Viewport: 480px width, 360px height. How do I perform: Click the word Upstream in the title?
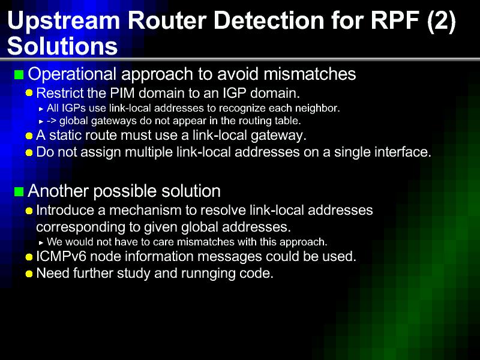point(64,21)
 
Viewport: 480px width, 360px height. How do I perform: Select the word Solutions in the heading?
point(62,46)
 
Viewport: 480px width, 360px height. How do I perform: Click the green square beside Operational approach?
point(19,74)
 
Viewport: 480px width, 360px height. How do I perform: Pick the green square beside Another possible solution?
point(19,191)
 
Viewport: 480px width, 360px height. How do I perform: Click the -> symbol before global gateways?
point(52,121)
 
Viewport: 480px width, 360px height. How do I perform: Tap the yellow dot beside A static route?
point(29,136)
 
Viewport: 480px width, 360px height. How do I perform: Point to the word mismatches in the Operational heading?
point(310,74)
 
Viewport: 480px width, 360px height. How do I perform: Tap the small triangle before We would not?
point(41,243)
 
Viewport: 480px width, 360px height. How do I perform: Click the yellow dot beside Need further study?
point(29,274)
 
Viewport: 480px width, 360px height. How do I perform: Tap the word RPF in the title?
point(395,20)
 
